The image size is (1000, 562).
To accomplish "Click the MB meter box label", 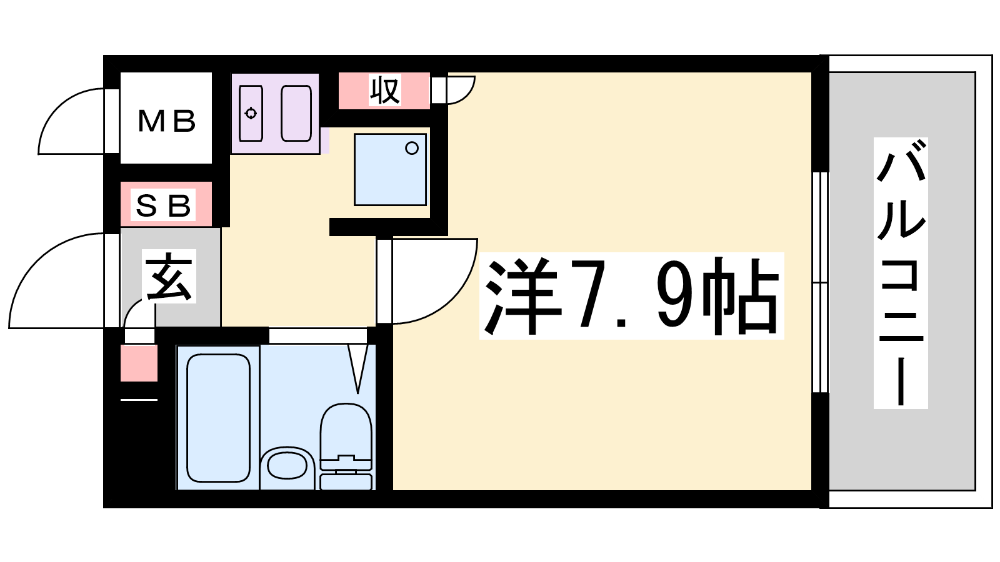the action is [166, 121].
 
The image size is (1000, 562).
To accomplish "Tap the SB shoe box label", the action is [163, 205].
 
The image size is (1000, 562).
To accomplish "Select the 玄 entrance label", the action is [169, 277].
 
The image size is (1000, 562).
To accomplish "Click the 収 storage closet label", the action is [384, 90].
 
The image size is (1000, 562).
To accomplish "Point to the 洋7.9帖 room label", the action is [631, 296].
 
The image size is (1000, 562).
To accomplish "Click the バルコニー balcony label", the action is [901, 273].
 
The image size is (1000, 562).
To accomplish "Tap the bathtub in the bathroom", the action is [218, 418].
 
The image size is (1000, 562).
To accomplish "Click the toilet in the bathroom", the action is [346, 446].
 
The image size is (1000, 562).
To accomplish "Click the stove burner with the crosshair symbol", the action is [251, 113].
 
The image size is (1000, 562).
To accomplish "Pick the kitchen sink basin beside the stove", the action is [296, 113].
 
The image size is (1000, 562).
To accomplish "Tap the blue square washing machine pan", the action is [390, 169].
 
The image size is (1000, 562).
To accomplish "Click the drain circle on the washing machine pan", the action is [412, 148].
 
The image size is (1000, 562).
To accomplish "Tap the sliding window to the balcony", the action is [820, 282].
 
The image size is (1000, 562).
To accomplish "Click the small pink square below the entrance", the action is [139, 363].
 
